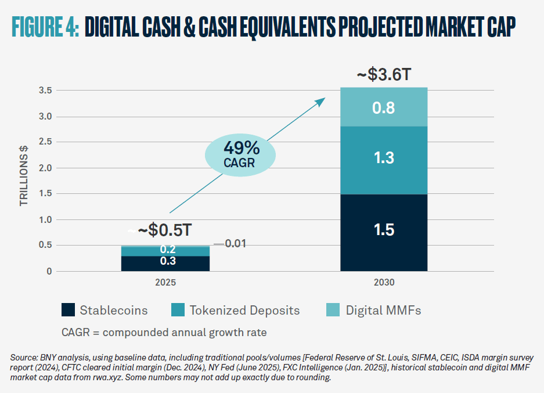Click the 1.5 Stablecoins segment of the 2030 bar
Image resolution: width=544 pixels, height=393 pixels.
tap(384, 232)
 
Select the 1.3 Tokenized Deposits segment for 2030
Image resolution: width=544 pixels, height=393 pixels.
tap(384, 160)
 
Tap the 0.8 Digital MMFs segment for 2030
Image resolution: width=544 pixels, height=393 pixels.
tap(384, 107)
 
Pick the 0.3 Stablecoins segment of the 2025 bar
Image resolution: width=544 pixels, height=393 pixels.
tap(165, 263)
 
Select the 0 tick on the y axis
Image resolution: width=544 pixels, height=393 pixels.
tap(49, 271)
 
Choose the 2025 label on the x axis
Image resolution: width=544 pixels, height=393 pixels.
tap(165, 284)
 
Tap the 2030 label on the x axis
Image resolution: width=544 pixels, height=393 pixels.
tap(384, 284)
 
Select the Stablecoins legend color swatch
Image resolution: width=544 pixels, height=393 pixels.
tap(69, 310)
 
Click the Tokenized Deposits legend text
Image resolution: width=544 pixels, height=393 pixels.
tap(244, 310)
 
